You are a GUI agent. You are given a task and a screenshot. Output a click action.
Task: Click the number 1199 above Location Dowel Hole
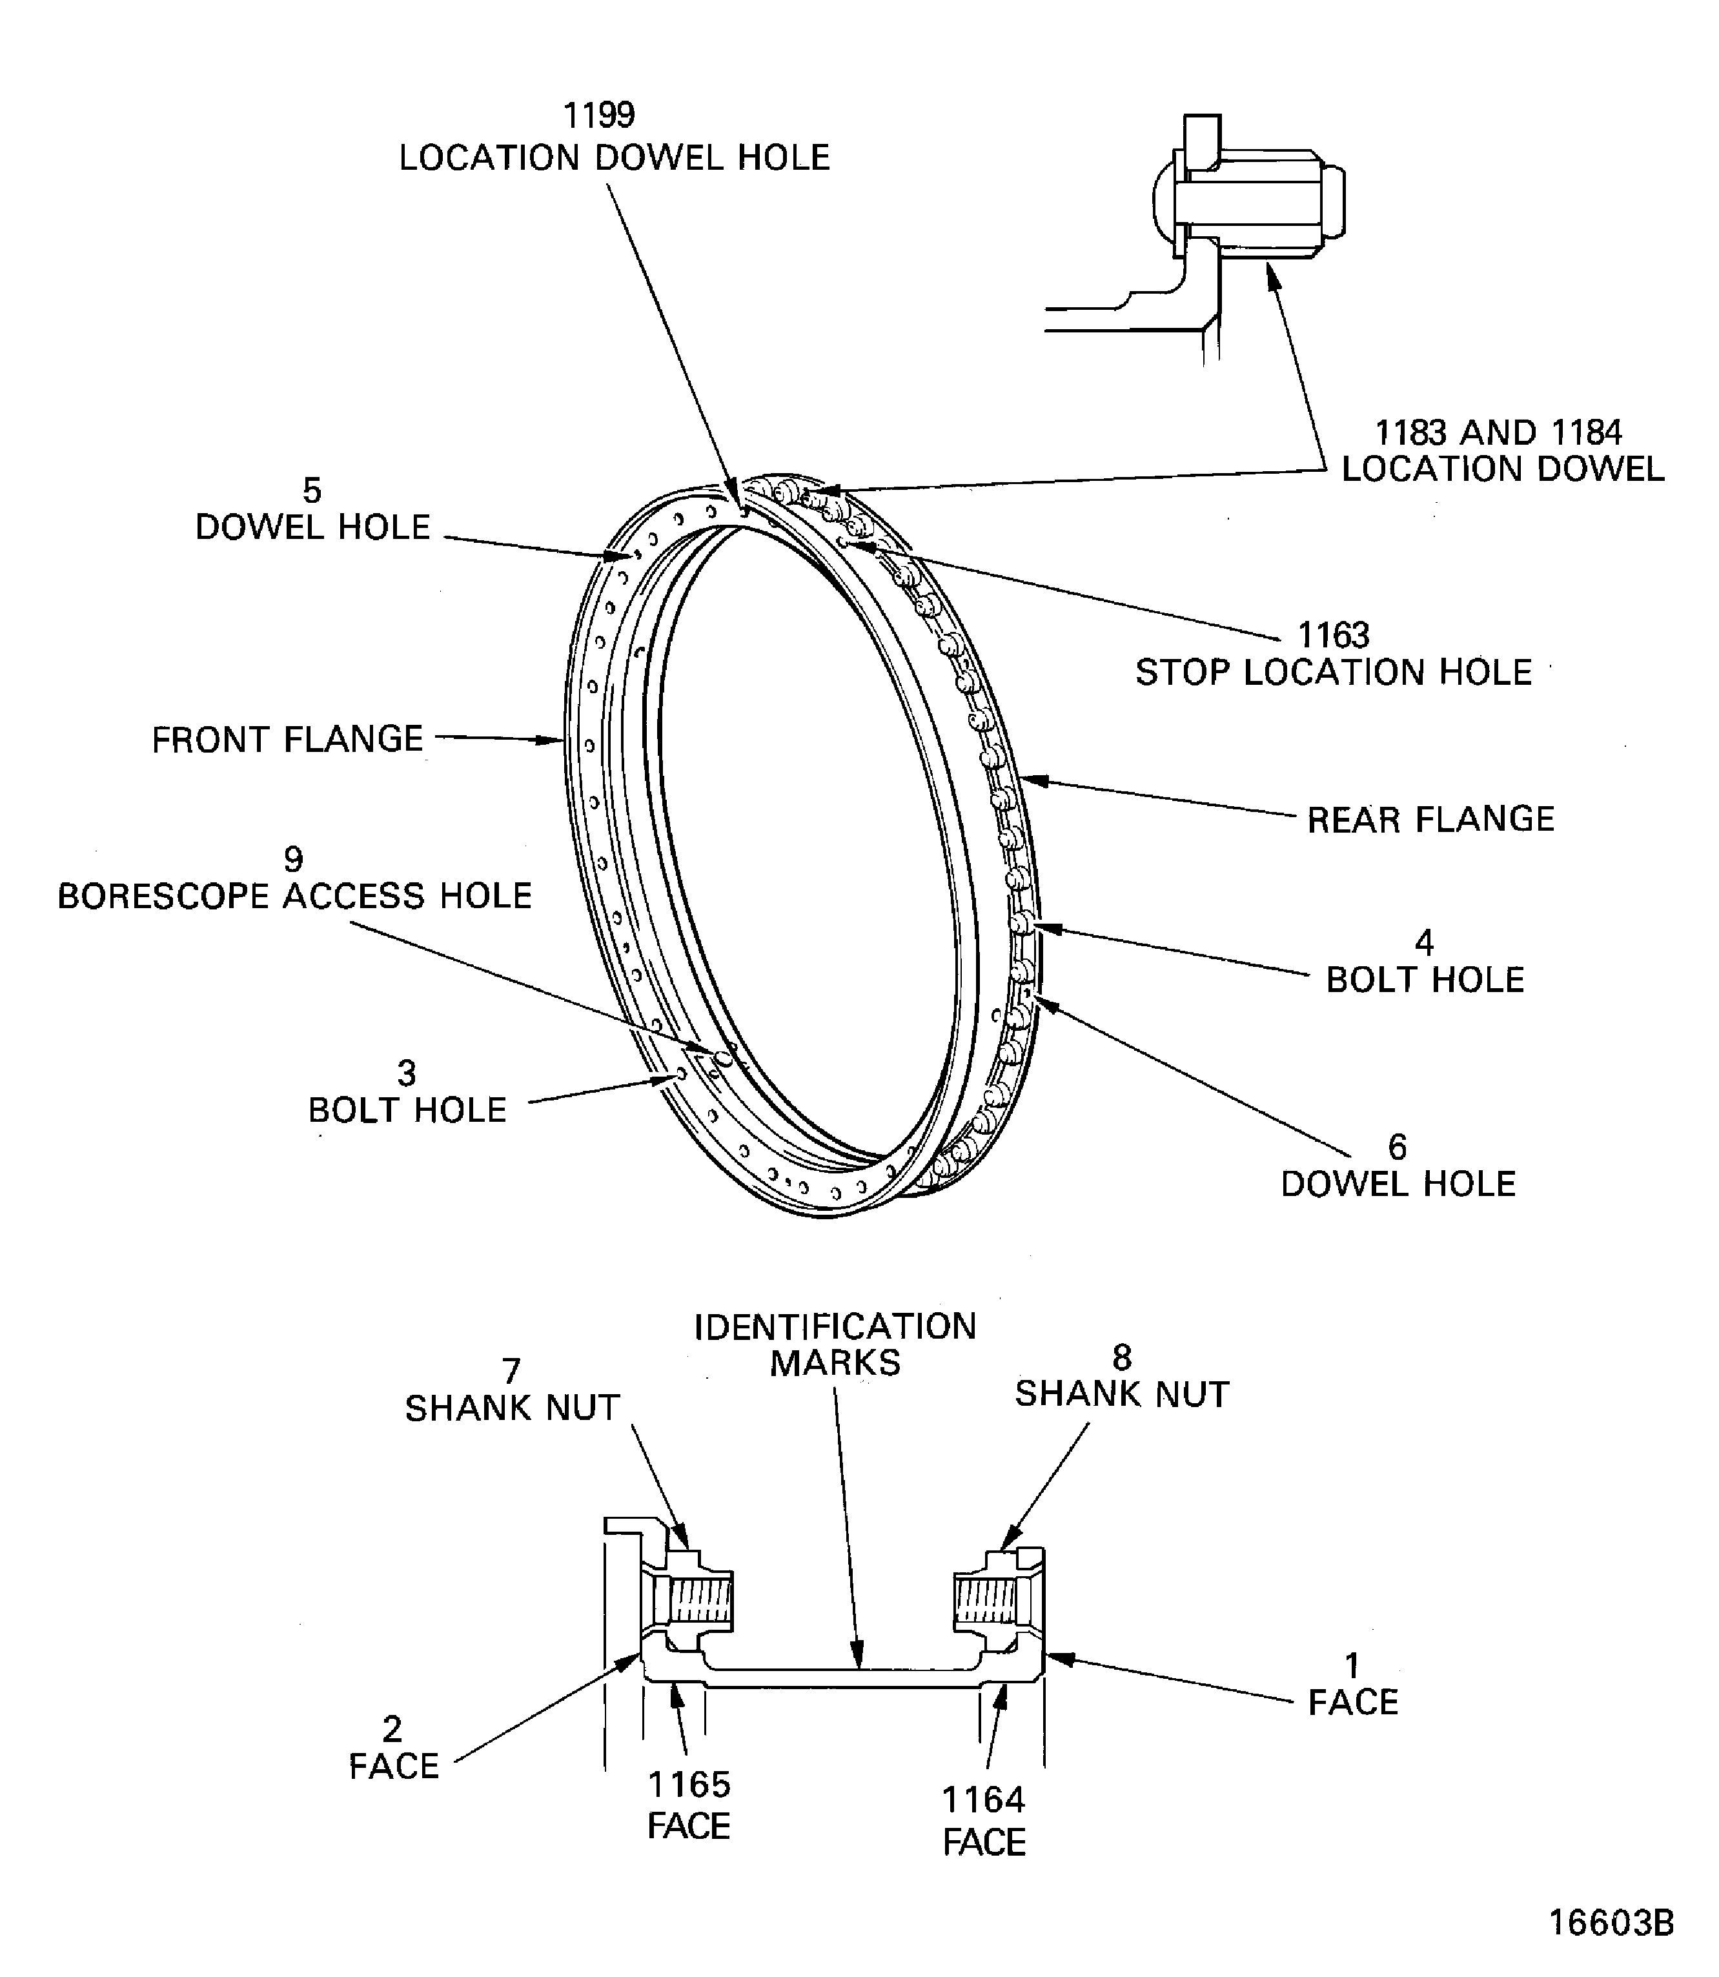click(600, 115)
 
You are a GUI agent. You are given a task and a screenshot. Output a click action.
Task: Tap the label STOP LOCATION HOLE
click(1334, 673)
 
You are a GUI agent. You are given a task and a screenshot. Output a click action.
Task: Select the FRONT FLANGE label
click(288, 740)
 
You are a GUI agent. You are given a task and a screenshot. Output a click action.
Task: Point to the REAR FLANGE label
click(1430, 819)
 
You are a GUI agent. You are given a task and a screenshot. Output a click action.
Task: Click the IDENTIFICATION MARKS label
click(835, 1345)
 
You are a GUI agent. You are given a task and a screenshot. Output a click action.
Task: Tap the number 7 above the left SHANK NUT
click(511, 1371)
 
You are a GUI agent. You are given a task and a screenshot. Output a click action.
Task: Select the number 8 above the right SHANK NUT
click(1121, 1357)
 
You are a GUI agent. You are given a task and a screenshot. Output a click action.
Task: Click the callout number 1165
click(689, 1785)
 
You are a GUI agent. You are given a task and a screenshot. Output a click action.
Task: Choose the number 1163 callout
click(1334, 635)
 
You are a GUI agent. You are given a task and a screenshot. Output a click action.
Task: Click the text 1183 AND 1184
click(1498, 432)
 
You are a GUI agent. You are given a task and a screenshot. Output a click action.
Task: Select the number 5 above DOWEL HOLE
click(312, 491)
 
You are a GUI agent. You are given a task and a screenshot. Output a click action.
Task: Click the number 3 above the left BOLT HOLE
click(407, 1073)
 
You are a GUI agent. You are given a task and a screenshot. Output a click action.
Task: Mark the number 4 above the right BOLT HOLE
click(1425, 943)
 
